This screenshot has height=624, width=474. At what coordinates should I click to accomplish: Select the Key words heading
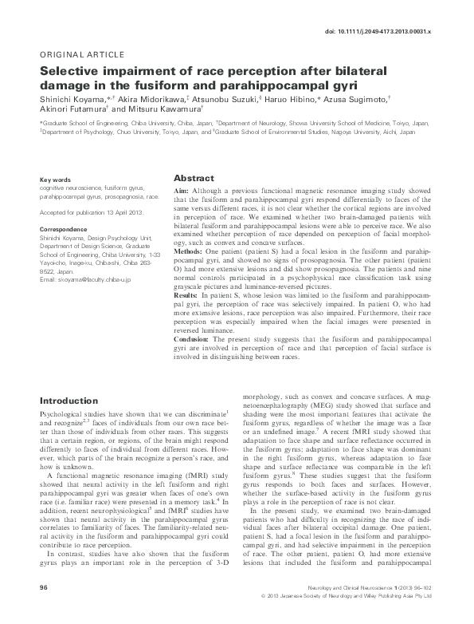click(55, 180)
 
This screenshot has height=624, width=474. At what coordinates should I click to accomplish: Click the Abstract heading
click(194, 178)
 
